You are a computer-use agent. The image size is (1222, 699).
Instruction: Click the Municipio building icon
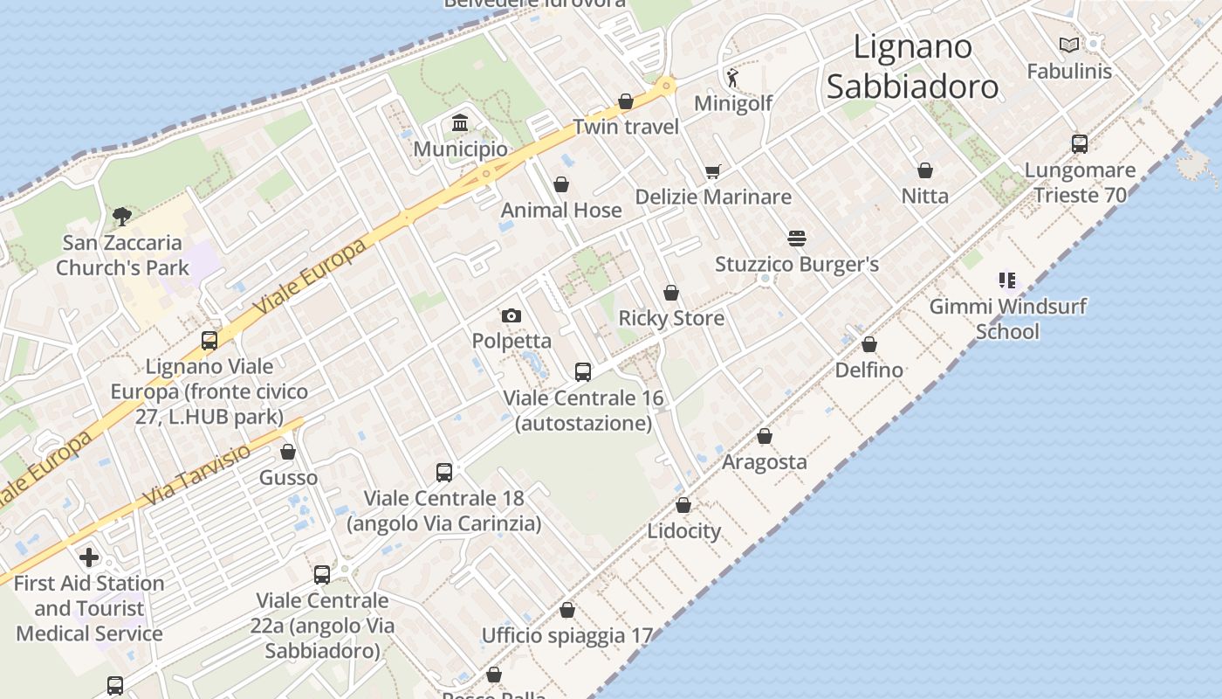pyautogui.click(x=460, y=123)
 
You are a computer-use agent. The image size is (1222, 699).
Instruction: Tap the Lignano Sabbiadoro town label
pyautogui.click(x=912, y=66)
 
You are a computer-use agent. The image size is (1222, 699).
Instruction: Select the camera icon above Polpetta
pyautogui.click(x=511, y=315)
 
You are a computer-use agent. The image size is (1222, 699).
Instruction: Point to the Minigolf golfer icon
pyautogui.click(x=732, y=78)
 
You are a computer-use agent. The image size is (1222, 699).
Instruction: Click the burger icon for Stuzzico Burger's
pyautogui.click(x=796, y=238)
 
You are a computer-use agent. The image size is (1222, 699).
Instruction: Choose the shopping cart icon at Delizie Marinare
pyautogui.click(x=713, y=171)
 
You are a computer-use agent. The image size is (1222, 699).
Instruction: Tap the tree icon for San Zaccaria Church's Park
pyautogui.click(x=121, y=216)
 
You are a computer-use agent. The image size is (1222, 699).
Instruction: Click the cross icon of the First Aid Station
pyautogui.click(x=89, y=557)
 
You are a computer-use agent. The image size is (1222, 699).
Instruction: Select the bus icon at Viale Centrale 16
pyautogui.click(x=583, y=372)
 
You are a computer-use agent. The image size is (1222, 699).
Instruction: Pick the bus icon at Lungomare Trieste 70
pyautogui.click(x=1080, y=144)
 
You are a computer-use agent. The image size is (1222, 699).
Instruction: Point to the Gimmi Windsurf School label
pyautogui.click(x=1007, y=319)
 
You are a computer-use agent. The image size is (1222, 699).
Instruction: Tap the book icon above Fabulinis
pyautogui.click(x=1068, y=45)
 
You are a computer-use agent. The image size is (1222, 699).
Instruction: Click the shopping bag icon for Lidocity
pyautogui.click(x=683, y=505)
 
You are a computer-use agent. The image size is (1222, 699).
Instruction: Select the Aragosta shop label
pyautogui.click(x=765, y=461)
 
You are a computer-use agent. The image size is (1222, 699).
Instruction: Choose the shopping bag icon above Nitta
pyautogui.click(x=925, y=170)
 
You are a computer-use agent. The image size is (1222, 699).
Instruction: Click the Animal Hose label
pyautogui.click(x=561, y=210)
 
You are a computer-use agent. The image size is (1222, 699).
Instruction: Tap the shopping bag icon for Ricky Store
pyautogui.click(x=671, y=293)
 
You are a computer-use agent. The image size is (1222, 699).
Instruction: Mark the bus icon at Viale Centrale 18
pyautogui.click(x=444, y=473)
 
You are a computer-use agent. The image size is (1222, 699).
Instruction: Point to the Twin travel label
pyautogui.click(x=626, y=127)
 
